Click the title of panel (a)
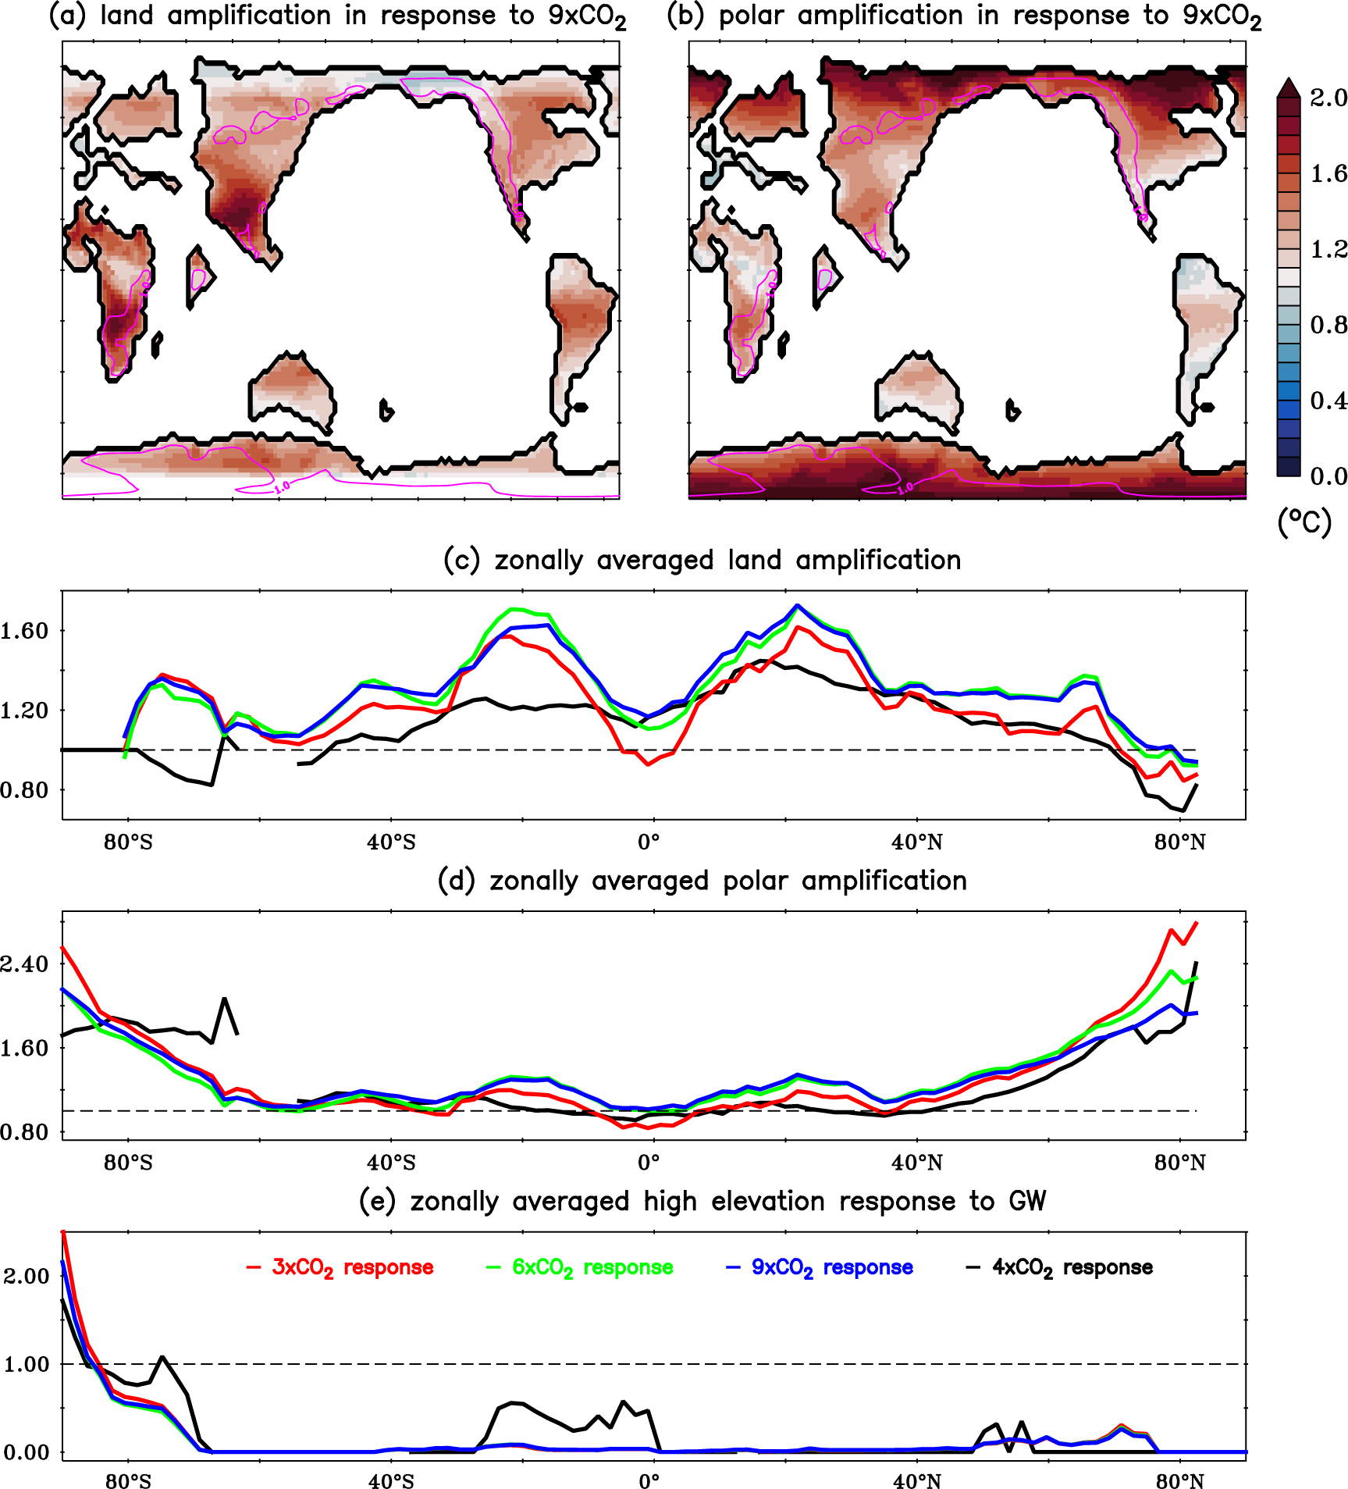pyautogui.click(x=337, y=16)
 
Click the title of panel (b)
pyautogui.click(x=965, y=16)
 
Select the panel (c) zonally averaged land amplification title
pyautogui.click(x=702, y=560)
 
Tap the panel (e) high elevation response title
pyautogui.click(x=702, y=1201)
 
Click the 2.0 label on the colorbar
pyautogui.click(x=1328, y=98)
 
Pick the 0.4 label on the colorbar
pyautogui.click(x=1328, y=401)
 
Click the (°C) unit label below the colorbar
pyautogui.click(x=1304, y=521)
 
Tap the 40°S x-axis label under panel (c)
pyautogui.click(x=391, y=842)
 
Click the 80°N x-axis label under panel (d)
pyautogui.click(x=1179, y=1163)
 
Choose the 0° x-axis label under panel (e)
pyautogui.click(x=649, y=1481)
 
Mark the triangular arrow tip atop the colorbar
pyautogui.click(x=1289, y=86)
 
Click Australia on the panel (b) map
pyautogui.click(x=918, y=390)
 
